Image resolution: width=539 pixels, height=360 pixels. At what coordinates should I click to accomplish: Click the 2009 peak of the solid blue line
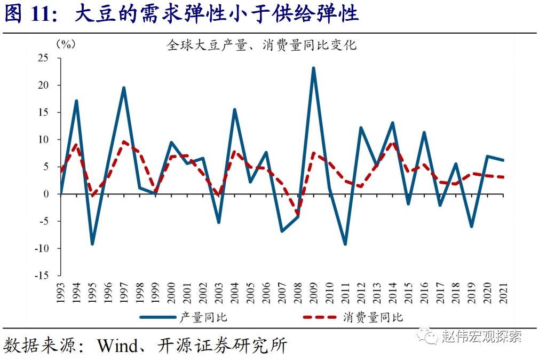coord(314,68)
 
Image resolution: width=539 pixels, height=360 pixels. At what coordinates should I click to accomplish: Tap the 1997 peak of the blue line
coord(124,88)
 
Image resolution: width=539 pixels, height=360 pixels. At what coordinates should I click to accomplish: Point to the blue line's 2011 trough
coord(345,244)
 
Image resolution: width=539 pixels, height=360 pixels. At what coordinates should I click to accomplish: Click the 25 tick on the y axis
coord(43,58)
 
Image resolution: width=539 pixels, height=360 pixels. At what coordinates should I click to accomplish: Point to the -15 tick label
coord(41,276)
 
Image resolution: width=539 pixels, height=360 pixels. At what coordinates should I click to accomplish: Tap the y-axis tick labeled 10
coord(43,139)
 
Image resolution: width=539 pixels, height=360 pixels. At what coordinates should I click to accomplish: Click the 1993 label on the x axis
coord(61,293)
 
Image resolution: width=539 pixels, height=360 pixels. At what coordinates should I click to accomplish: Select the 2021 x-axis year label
coord(503,293)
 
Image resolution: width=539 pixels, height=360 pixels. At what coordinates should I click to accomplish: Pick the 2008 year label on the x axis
coord(298,293)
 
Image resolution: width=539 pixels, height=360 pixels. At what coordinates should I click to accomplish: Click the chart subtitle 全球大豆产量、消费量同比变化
coord(261,45)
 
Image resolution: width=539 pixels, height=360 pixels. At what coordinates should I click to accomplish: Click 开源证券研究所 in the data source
coord(222,346)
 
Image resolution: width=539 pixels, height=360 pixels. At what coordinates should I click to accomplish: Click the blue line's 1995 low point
coord(92,244)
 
